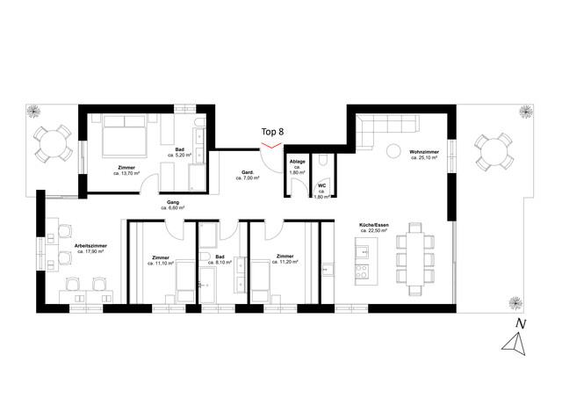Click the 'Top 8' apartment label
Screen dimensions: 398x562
point(272,131)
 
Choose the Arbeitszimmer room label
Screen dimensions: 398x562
point(90,247)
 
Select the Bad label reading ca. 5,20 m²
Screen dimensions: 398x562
point(179,151)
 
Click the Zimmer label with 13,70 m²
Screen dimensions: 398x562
point(126,170)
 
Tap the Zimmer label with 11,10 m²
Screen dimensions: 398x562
point(161,260)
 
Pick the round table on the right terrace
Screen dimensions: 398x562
point(491,152)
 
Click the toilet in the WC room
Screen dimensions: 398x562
point(324,163)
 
